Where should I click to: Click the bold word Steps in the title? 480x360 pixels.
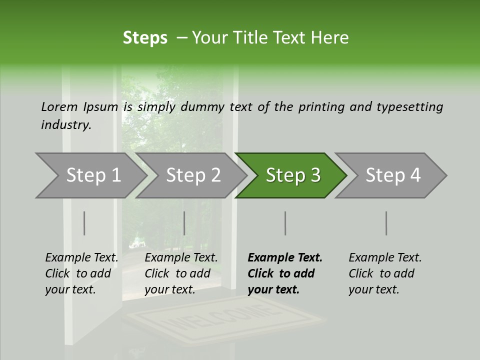pos(145,38)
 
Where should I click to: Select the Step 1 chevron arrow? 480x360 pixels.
pos(91,175)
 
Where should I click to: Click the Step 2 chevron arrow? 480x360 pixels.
pos(191,175)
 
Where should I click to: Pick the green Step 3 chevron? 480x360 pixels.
pos(291,175)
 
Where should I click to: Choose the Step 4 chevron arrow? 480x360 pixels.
pos(390,175)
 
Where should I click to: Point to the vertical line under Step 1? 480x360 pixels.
pos(84,223)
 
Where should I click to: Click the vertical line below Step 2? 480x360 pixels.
pos(184,223)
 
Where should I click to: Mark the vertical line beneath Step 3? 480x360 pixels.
pos(285,223)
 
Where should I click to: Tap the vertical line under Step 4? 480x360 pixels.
pos(386,223)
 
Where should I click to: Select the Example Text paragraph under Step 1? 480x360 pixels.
pos(81,273)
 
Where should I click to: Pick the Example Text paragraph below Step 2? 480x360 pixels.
pos(181,273)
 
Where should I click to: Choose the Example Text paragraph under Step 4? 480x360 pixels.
pos(385,273)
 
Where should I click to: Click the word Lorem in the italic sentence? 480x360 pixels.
pos(59,107)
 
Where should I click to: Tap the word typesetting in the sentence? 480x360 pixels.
pos(410,107)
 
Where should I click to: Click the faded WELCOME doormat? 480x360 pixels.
pos(225,320)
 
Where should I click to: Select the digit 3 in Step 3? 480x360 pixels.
pos(315,175)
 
